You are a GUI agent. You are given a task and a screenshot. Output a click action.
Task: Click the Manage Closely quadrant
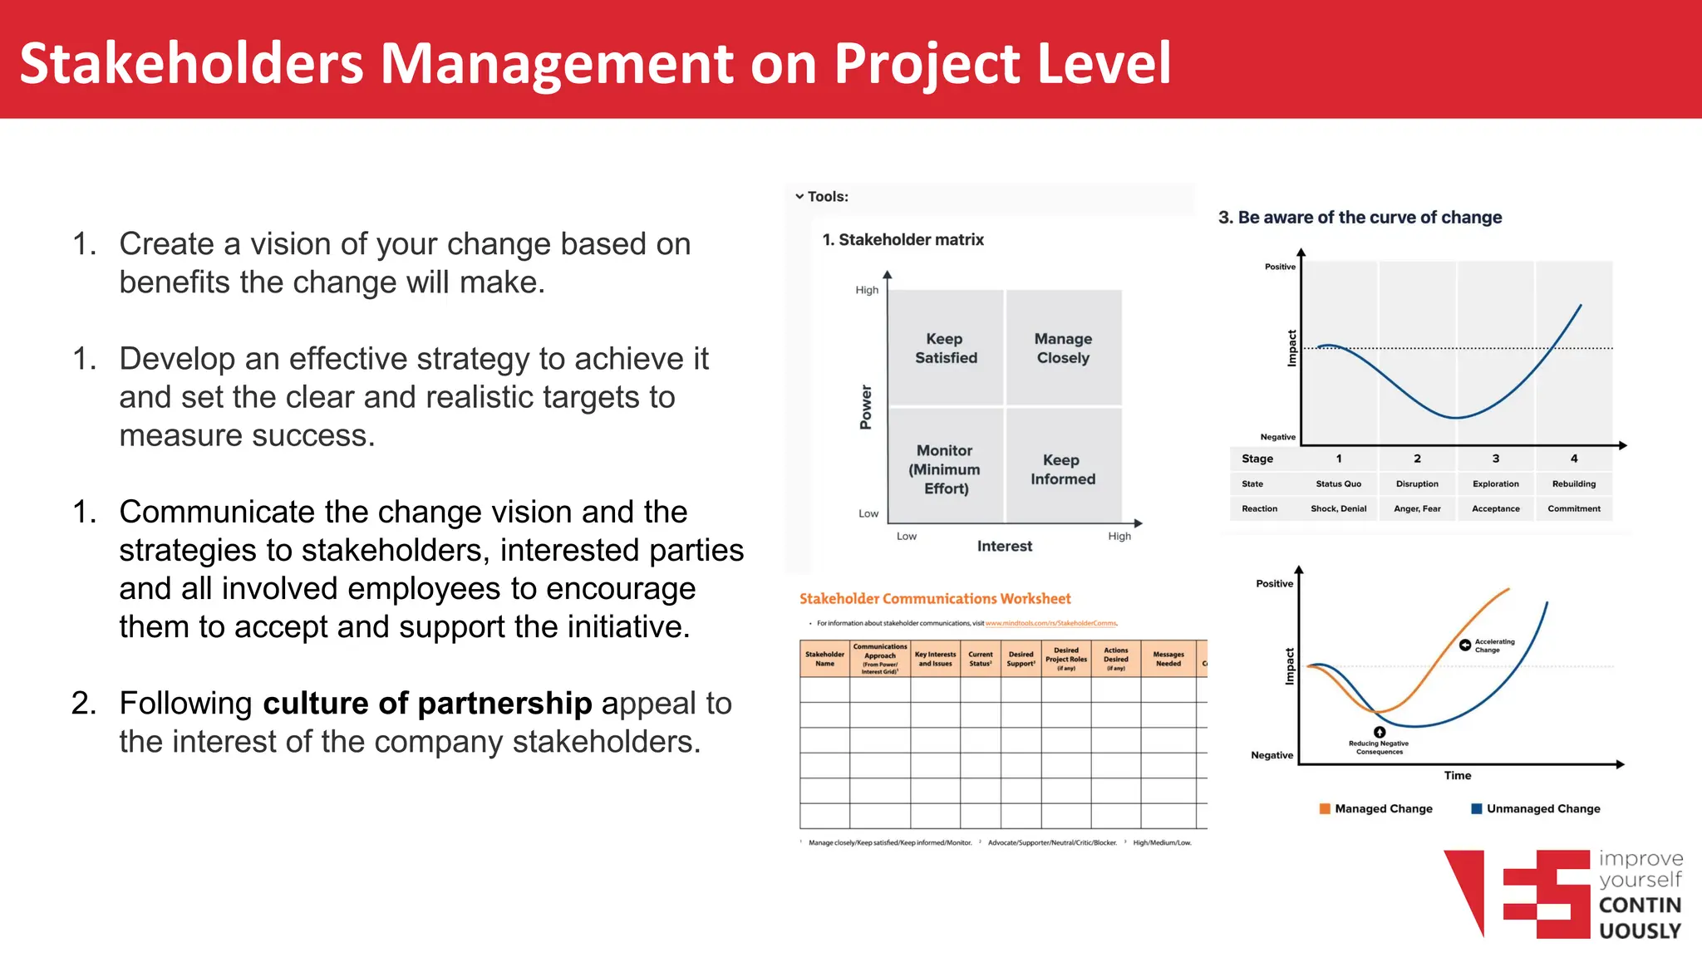1063,348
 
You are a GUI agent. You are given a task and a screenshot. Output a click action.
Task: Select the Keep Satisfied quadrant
946,348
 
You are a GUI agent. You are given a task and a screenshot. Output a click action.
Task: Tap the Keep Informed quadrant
1063,469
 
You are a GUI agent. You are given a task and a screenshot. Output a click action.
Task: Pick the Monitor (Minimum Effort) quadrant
945,469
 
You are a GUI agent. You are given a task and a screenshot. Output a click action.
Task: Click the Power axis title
866,407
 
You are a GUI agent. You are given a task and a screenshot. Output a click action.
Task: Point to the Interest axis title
1004,546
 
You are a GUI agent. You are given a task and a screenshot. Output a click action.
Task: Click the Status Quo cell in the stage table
1338,483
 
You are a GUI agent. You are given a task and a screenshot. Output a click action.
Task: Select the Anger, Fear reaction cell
1417,508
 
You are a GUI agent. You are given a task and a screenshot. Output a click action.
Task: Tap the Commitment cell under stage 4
1573,508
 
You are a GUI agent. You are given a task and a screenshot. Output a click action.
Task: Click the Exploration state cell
1495,483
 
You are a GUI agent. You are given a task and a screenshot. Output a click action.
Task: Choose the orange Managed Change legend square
1325,808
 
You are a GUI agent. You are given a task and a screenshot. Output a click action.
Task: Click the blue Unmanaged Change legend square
1477,808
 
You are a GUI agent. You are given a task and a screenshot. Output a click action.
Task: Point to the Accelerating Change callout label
1493,645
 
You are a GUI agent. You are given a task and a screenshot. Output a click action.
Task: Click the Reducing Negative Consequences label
1379,747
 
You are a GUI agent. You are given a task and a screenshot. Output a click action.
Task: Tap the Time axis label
1457,775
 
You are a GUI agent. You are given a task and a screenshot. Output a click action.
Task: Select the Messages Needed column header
1168,659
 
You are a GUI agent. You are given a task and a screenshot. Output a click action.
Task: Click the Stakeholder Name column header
824,659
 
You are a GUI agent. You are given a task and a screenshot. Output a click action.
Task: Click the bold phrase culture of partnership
427,703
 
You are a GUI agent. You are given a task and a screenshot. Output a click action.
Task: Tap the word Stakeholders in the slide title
192,63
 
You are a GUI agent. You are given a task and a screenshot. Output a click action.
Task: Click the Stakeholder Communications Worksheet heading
935,598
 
